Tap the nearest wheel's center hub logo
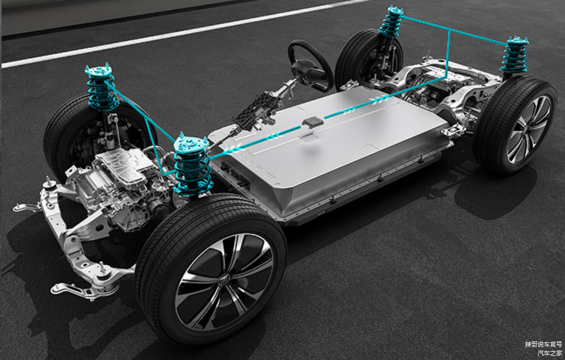pyautogui.click(x=224, y=279)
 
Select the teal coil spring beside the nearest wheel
pyautogui.click(x=192, y=165)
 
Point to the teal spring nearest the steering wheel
pyautogui.click(x=390, y=22)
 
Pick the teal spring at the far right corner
pyautogui.click(x=514, y=55)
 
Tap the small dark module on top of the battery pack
pyautogui.click(x=312, y=122)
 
